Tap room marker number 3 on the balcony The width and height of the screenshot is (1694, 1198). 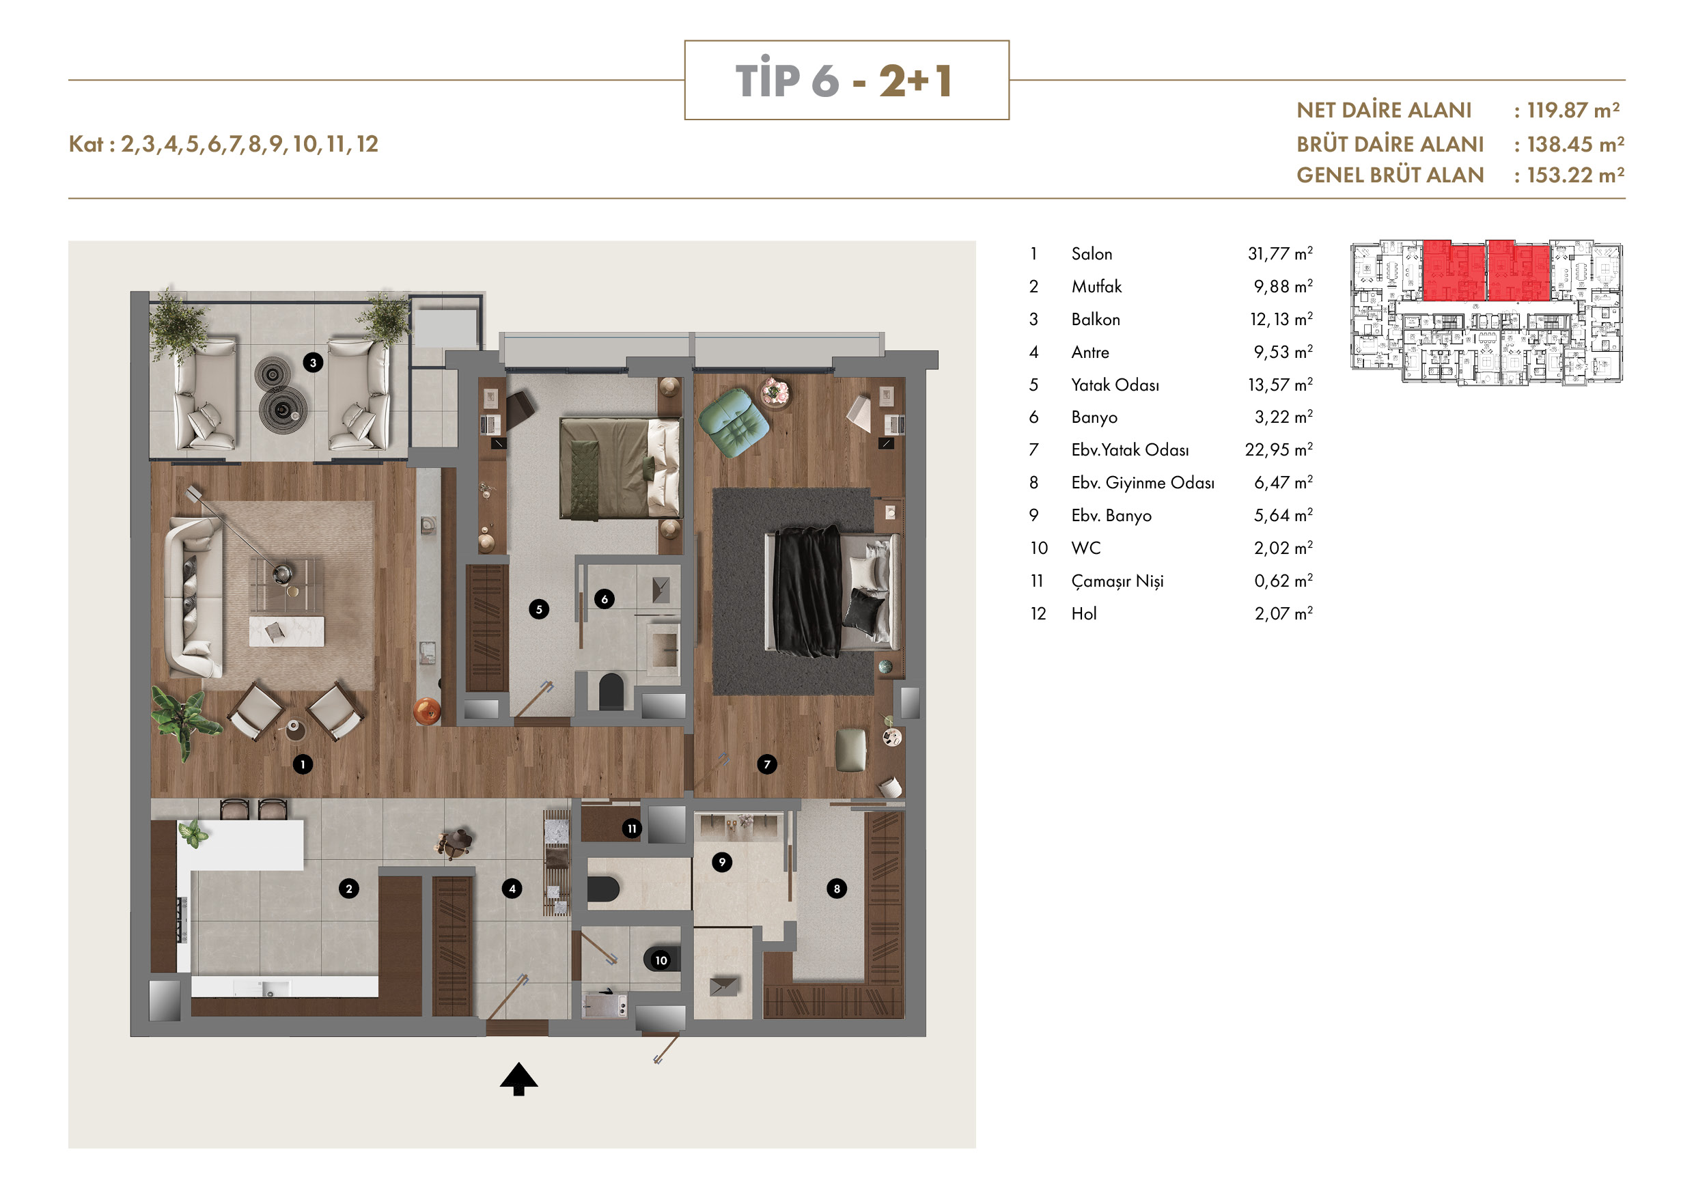pos(313,362)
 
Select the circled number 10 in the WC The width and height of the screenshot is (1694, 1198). pos(661,960)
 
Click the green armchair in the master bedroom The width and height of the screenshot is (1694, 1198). pos(734,423)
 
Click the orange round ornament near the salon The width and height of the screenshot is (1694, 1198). pos(427,710)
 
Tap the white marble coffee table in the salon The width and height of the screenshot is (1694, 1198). pos(286,632)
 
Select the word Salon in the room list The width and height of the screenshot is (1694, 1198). pos(1092,254)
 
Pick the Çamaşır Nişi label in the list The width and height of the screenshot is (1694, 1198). pos(1117,581)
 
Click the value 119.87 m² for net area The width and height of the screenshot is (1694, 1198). pos(1573,111)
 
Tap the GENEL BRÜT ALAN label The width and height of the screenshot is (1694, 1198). pos(1390,176)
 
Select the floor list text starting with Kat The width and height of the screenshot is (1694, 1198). pos(223,144)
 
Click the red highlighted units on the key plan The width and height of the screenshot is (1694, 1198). pos(1485,270)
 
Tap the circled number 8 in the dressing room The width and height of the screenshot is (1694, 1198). pos(837,888)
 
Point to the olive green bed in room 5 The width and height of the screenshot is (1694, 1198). pos(620,468)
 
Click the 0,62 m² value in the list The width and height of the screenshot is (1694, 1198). pos(1283,581)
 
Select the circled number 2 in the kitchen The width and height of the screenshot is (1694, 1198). pos(349,888)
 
